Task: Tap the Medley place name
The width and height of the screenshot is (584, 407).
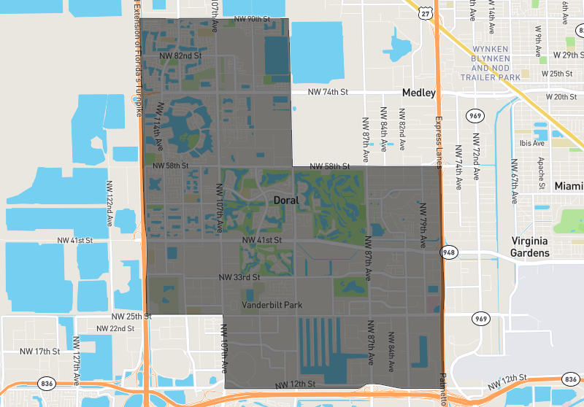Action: pyautogui.click(x=418, y=93)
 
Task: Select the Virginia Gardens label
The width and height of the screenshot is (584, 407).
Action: pyautogui.click(x=530, y=247)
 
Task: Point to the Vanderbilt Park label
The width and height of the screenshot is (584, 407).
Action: pyautogui.click(x=272, y=305)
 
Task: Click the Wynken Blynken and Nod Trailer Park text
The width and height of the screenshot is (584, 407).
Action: pyautogui.click(x=490, y=64)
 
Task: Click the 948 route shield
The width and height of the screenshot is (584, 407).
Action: pyautogui.click(x=448, y=253)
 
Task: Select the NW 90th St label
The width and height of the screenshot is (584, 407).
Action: pyautogui.click(x=250, y=19)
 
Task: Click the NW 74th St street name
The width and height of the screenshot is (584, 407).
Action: pyautogui.click(x=328, y=92)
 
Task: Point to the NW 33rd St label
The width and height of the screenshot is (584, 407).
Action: pyautogui.click(x=239, y=277)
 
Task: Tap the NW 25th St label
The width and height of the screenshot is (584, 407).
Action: pyautogui.click(x=131, y=317)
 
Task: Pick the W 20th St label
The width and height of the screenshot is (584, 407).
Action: pyautogui.click(x=565, y=96)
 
